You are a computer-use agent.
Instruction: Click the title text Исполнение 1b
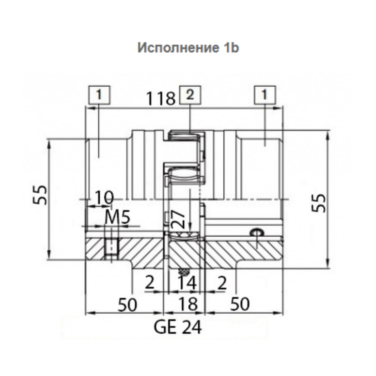tap(188, 48)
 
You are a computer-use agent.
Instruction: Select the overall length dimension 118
tap(161, 98)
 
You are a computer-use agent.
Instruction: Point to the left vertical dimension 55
tap(40, 195)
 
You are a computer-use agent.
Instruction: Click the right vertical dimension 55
tap(318, 203)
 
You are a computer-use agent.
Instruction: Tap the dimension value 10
tap(104, 197)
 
